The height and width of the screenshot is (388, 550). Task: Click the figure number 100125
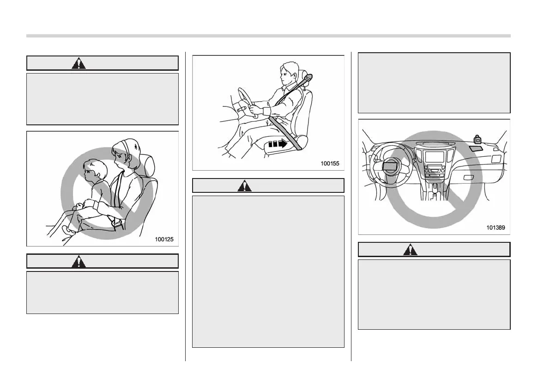coord(164,240)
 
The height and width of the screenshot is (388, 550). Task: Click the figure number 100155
coord(330,163)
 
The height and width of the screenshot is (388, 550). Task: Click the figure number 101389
coord(496,228)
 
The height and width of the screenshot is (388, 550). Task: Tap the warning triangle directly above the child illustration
coord(79,63)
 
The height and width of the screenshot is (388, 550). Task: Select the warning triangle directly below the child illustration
coord(79,261)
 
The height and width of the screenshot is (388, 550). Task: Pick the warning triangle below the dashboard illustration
coord(410,250)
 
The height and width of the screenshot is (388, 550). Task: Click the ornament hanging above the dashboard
coord(478,138)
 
